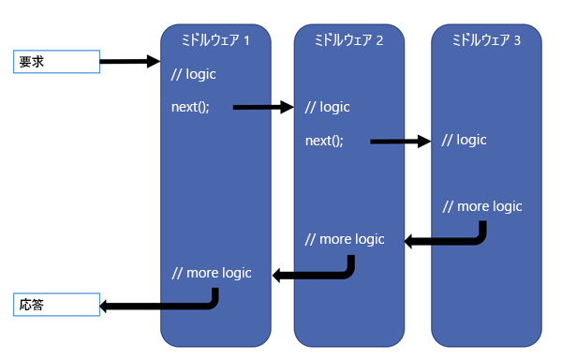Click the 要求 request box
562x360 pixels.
coord(56,62)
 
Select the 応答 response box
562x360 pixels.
coord(56,305)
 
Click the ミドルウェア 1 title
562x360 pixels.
coord(215,39)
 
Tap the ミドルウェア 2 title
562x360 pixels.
coord(348,39)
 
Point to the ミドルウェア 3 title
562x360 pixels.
coord(486,39)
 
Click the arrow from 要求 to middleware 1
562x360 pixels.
coord(130,61)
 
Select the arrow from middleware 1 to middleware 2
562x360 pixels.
coord(263,107)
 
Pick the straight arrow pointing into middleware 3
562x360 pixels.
coord(400,142)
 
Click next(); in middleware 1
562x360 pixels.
coord(190,107)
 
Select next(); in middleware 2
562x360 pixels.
coord(324,141)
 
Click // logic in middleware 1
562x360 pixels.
coord(194,74)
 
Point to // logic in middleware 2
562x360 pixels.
coord(327,107)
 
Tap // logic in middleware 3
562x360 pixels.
coord(465,140)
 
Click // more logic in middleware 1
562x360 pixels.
coord(212,273)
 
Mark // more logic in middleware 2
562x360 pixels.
coord(345,239)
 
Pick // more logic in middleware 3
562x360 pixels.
coord(482,206)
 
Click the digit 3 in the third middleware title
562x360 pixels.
coord(517,40)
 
